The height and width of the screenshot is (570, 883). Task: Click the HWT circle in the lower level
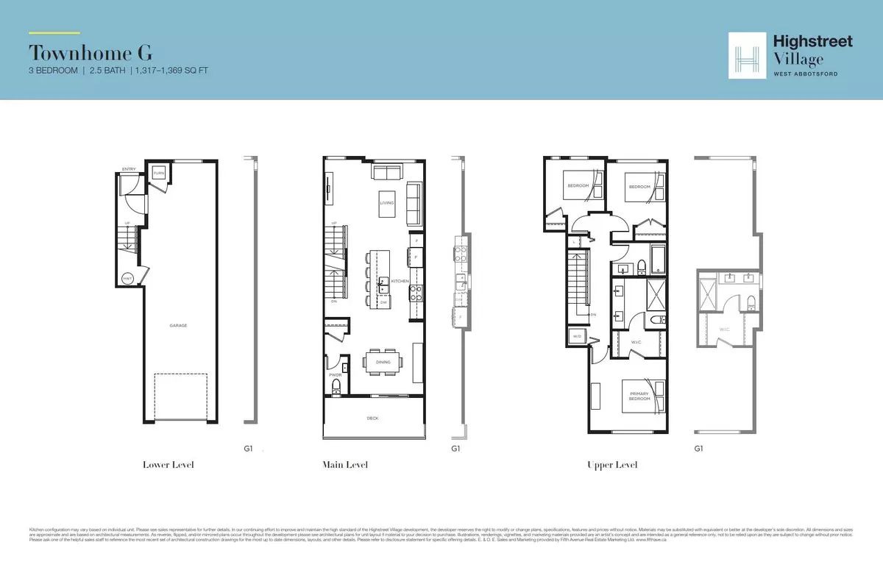[x=128, y=278]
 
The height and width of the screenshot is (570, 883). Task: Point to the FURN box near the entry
[x=159, y=174]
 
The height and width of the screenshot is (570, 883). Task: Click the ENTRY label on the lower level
[x=130, y=169]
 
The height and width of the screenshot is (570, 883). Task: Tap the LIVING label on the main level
[x=387, y=203]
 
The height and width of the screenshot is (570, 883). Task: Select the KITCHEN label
[x=399, y=282]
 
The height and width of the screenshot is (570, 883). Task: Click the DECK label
[x=374, y=418]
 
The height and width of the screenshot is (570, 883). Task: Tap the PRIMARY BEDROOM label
[x=639, y=395]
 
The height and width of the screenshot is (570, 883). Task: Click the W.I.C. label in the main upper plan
[x=636, y=342]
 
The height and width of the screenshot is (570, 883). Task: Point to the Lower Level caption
[x=169, y=465]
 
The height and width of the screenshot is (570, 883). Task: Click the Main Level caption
[x=344, y=465]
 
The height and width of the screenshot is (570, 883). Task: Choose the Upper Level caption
[x=611, y=465]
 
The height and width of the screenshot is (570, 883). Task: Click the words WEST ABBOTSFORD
[x=805, y=74]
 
